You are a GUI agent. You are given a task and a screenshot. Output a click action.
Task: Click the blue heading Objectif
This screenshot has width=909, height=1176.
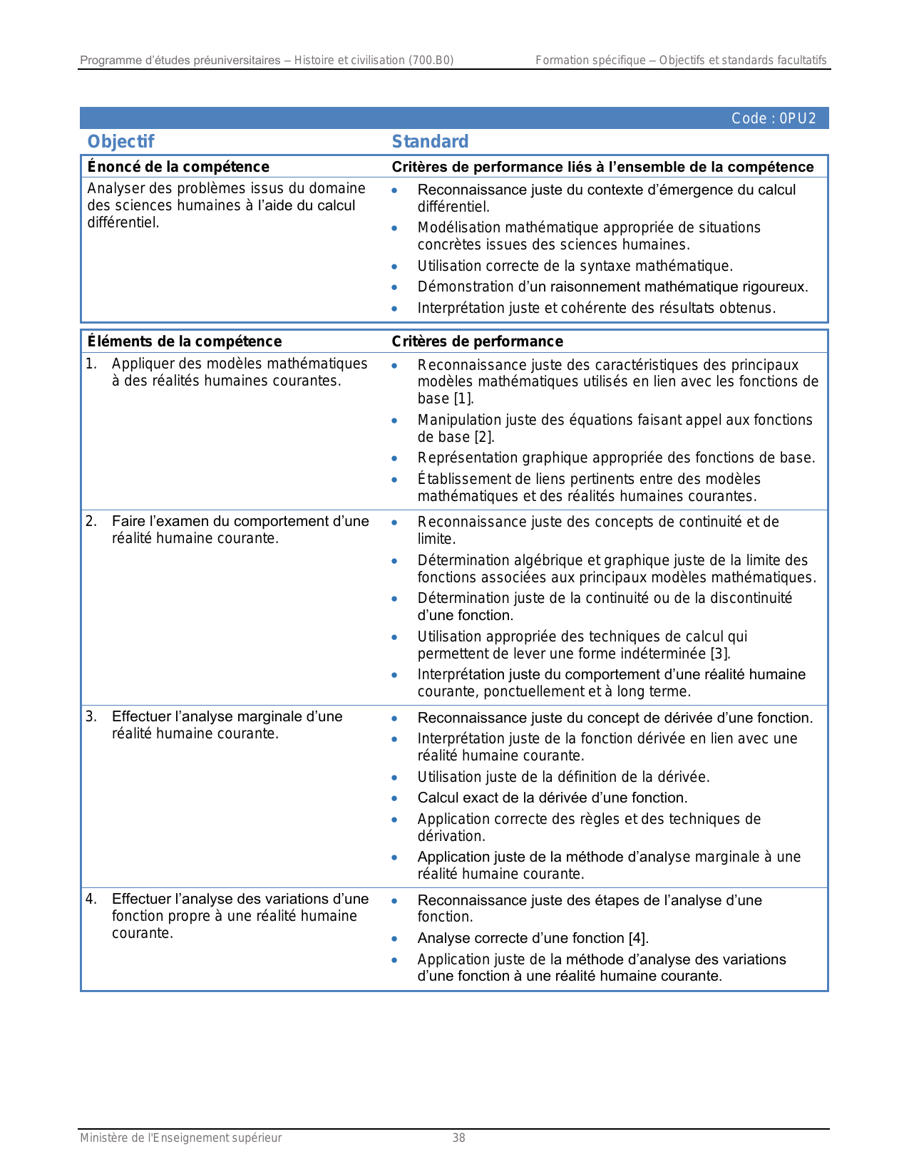pos(120,142)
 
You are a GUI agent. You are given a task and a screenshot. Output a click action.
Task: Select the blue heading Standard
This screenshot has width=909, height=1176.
pos(430,142)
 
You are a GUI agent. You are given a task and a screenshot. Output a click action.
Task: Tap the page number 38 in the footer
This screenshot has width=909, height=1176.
pos(458,1138)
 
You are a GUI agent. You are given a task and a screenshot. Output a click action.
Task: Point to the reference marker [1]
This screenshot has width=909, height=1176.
pos(463,398)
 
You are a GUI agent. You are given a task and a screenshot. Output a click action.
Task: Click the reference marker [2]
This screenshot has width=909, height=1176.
pos(484,437)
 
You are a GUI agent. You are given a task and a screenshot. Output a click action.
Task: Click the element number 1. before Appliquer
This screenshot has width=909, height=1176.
pos(91,363)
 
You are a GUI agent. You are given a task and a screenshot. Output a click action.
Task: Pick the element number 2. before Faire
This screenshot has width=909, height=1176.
pos(91,521)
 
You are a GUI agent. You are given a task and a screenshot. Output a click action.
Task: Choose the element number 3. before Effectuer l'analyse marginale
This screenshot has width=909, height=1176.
pos(91,716)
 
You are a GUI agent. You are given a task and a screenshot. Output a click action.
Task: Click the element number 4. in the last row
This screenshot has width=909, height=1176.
pos(91,899)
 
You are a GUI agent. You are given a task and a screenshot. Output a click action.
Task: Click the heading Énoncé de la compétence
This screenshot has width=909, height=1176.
pos(178,167)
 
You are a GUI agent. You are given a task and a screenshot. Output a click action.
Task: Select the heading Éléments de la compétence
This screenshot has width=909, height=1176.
pos(185,341)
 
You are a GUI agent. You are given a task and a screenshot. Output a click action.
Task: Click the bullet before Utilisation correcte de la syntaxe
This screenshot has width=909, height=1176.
pos(394,267)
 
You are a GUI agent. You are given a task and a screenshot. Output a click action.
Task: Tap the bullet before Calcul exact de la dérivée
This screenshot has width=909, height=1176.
pos(394,798)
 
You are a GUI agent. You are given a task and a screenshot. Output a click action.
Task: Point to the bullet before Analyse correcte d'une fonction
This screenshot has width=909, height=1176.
pos(394,939)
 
